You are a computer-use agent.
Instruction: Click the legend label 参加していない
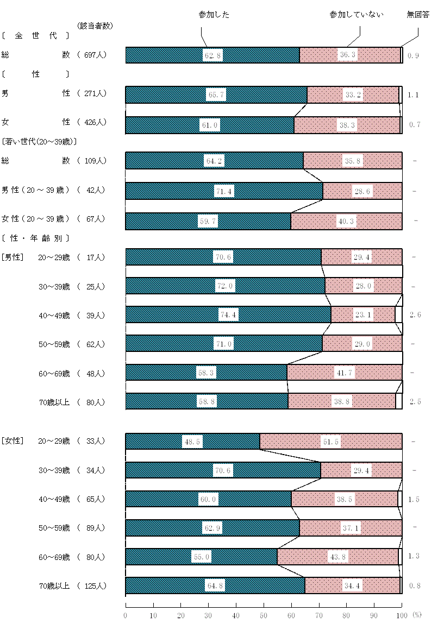point(357,15)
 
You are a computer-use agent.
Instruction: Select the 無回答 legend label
point(418,15)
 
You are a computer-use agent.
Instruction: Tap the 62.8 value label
point(213,55)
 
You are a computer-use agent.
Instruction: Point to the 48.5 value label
point(192,442)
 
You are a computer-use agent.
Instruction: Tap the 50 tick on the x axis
point(264,615)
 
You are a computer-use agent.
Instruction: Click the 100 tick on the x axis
point(402,615)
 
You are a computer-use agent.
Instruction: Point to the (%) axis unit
point(416,615)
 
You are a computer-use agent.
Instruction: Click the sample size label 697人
point(95,55)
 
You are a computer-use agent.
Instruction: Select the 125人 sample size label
point(95,586)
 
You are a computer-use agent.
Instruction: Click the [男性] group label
point(12,257)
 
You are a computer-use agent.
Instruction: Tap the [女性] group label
point(12,442)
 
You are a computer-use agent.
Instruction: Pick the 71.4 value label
point(224,191)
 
